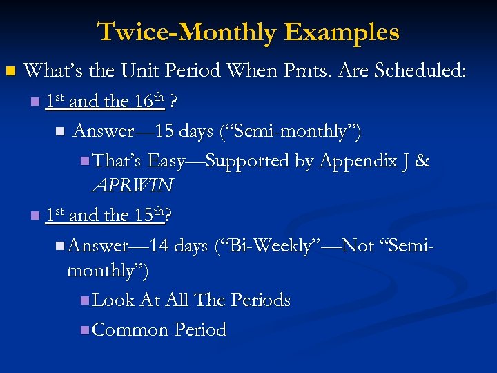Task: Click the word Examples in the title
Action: [x=342, y=32]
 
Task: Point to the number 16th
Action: [x=148, y=101]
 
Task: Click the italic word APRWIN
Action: [x=131, y=185]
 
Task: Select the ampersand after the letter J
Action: [x=422, y=161]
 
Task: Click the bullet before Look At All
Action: [x=84, y=300]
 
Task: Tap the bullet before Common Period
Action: [x=84, y=330]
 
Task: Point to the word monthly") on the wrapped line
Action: [x=107, y=270]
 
